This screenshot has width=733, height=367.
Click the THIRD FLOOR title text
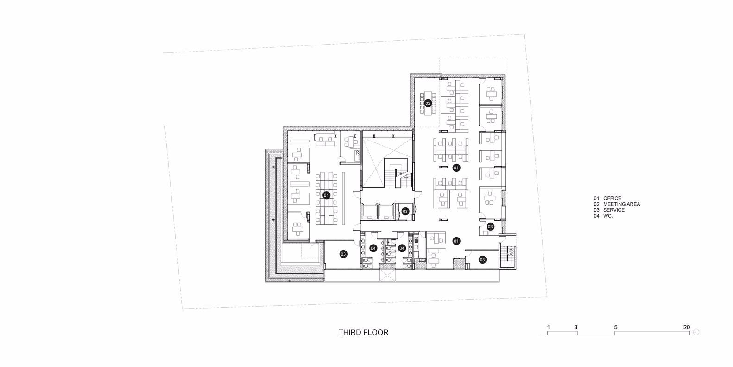(x=364, y=333)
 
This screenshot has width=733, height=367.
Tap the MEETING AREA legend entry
(x=617, y=204)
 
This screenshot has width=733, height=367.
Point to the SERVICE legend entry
(x=609, y=210)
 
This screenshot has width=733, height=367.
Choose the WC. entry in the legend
(x=603, y=216)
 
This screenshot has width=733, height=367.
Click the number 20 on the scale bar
(x=687, y=328)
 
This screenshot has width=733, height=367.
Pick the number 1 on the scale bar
(x=549, y=328)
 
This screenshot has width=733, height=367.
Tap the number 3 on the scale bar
(x=575, y=328)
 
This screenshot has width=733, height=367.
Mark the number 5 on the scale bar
(x=615, y=328)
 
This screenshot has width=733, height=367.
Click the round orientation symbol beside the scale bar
(x=696, y=332)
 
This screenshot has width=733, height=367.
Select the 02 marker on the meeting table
(x=428, y=103)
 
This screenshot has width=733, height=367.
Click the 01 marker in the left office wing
(x=326, y=195)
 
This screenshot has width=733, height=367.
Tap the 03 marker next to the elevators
(x=405, y=212)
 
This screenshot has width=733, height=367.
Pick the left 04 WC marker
(x=373, y=248)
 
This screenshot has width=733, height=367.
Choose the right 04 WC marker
(x=402, y=248)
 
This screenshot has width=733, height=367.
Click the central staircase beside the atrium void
(x=397, y=173)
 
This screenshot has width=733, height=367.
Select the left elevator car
(x=369, y=212)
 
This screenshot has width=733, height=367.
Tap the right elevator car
(x=386, y=212)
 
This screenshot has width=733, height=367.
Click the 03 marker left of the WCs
(x=343, y=254)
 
